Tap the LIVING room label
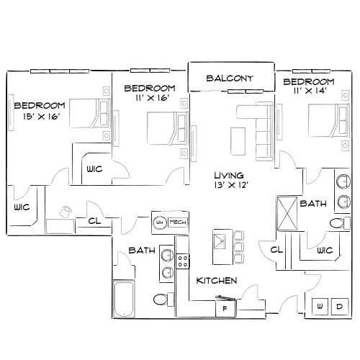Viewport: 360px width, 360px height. coord(229,176)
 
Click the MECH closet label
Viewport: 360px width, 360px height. coord(178,222)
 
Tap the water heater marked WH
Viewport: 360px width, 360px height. coord(160,222)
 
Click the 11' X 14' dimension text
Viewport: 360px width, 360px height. coord(309,92)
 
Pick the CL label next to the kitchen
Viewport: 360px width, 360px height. coord(276,250)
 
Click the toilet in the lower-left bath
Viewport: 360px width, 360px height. coord(161,299)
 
